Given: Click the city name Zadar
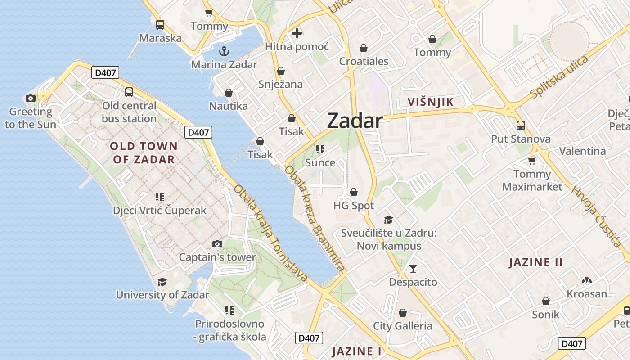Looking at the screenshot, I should click(x=355, y=121).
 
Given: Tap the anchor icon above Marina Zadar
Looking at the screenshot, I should click(x=224, y=51).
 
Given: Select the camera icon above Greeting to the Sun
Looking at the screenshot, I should click(x=31, y=98).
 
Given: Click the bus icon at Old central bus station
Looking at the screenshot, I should click(x=129, y=92).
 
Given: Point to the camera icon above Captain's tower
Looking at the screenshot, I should click(x=217, y=244).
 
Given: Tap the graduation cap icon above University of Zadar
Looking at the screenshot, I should click(x=162, y=282).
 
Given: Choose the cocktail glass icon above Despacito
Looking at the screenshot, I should click(x=413, y=269).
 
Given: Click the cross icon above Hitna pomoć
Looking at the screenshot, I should click(x=297, y=33).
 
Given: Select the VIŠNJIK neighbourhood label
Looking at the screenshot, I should click(x=431, y=102).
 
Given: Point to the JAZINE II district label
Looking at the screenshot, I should click(x=535, y=262).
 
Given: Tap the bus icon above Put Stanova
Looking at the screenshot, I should click(x=521, y=125).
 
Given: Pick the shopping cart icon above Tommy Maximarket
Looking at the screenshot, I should click(x=532, y=161).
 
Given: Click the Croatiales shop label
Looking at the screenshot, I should click(x=364, y=61).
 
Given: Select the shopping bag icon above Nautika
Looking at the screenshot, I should click(x=229, y=93).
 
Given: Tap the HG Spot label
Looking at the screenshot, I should click(x=354, y=206).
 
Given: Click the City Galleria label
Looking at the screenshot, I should click(x=403, y=326).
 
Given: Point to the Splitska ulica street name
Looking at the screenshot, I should click(x=559, y=76).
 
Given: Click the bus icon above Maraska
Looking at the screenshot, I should click(x=160, y=25).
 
